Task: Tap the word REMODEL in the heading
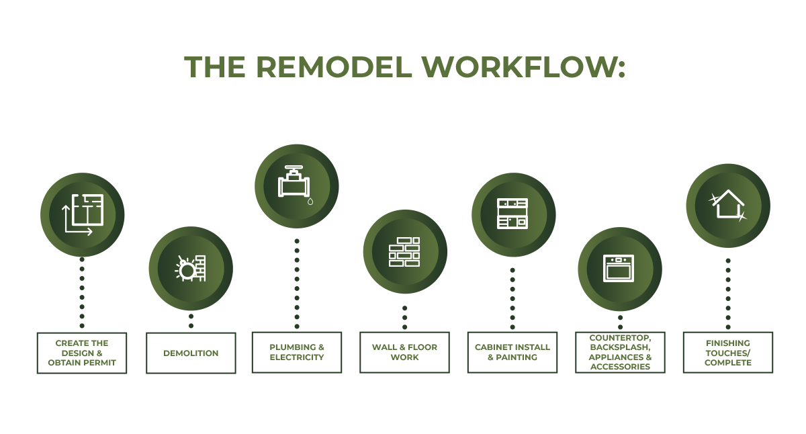334,67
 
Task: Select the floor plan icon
83,215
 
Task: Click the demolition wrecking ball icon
191,269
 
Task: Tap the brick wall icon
404,251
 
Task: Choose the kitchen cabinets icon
512,214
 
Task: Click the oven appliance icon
619,269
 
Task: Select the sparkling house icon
728,205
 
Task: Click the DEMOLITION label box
191,353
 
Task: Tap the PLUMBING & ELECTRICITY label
297,352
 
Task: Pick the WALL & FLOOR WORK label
404,352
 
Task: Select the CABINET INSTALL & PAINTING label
512,352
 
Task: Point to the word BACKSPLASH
620,347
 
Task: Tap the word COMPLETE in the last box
728,363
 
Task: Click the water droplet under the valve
310,202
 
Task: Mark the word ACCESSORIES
620,367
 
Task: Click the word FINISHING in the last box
728,343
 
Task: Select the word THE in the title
215,67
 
